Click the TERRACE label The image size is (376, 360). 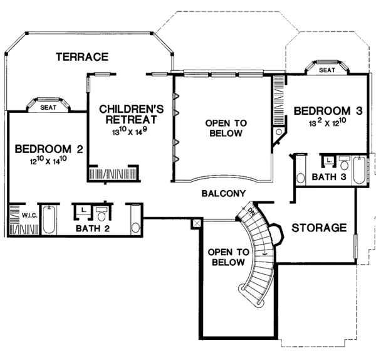click(81, 57)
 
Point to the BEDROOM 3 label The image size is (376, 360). click(328, 111)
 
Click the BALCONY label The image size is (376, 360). click(223, 194)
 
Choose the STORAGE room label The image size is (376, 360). click(318, 228)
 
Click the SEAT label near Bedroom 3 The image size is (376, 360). click(326, 70)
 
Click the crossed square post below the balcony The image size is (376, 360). click(197, 222)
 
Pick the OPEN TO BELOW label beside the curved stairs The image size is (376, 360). click(229, 258)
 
